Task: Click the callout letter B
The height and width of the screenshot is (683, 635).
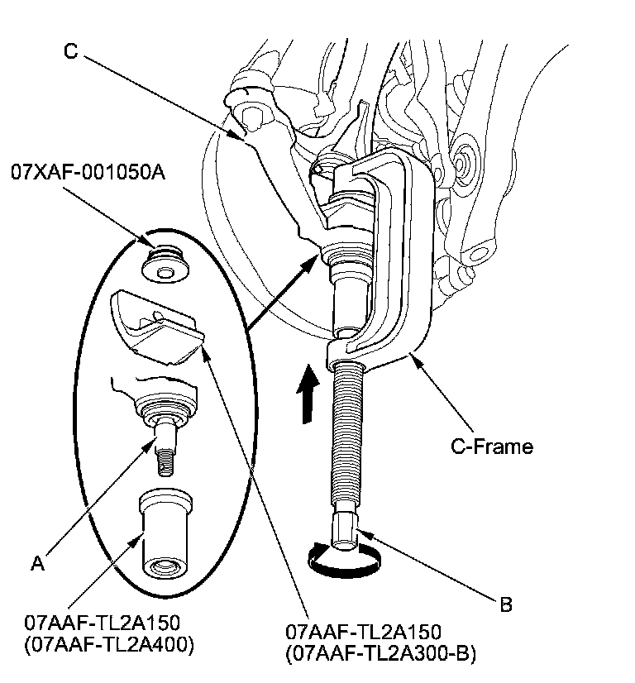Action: click(506, 605)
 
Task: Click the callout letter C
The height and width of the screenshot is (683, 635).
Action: click(71, 51)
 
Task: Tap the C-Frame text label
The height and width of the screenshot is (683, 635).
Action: click(491, 447)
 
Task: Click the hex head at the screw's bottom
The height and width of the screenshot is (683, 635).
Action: click(345, 528)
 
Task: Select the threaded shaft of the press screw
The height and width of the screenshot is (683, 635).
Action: click(343, 438)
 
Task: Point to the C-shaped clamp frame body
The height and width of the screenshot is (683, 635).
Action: click(413, 273)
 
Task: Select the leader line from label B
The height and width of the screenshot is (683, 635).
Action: click(430, 571)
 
